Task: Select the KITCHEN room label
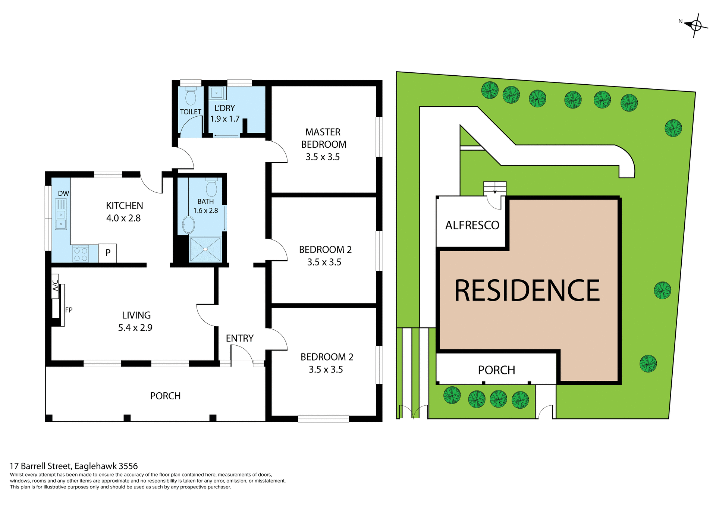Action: (124, 206)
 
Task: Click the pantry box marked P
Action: (108, 253)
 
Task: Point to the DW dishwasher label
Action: (63, 194)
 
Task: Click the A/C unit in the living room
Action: (55, 286)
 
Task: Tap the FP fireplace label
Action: (69, 310)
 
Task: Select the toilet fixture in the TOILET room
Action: (191, 96)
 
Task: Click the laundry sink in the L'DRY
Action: (217, 93)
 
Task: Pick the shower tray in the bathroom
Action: (205, 249)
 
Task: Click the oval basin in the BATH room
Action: (188, 225)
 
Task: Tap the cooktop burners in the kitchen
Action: (81, 254)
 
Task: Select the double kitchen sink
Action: (61, 219)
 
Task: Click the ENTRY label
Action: (239, 338)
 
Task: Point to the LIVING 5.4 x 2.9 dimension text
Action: (135, 328)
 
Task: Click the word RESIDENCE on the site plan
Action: (527, 291)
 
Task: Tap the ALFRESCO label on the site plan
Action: (472, 225)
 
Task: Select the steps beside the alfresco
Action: (495, 188)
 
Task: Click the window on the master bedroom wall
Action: (379, 137)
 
